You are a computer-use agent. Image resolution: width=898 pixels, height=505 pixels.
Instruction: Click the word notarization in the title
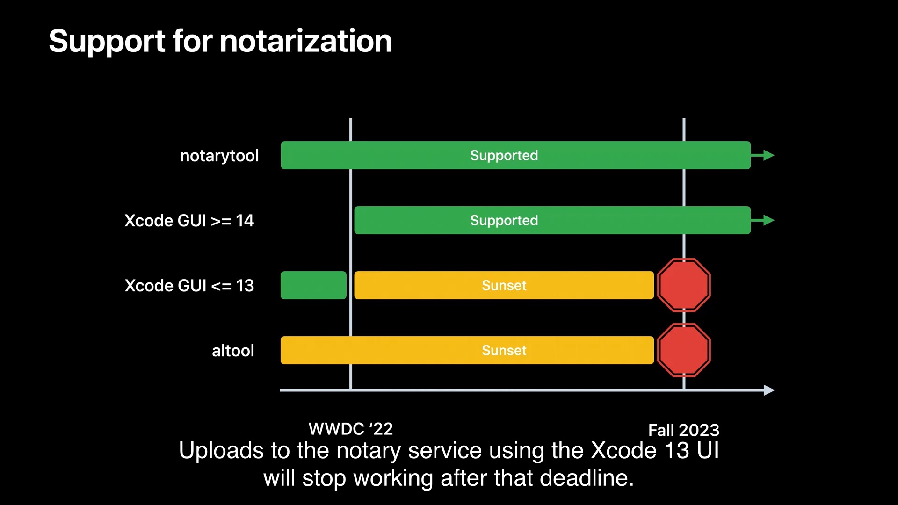tap(306, 41)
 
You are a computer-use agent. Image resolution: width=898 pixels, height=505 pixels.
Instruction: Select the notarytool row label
tap(219, 156)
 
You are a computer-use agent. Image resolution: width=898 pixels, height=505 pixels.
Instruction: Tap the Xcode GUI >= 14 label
tap(189, 220)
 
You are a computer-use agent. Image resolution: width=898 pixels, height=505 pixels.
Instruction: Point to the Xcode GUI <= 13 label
tap(189, 285)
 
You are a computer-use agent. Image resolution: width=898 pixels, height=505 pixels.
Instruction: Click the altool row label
tap(233, 350)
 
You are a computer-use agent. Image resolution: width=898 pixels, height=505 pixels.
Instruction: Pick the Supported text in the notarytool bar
tap(504, 155)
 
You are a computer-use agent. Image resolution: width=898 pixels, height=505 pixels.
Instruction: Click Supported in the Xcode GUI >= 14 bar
tap(504, 220)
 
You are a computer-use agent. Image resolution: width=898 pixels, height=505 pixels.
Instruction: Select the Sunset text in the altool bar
tap(504, 350)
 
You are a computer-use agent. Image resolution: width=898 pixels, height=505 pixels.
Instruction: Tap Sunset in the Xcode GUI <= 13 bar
tap(504, 285)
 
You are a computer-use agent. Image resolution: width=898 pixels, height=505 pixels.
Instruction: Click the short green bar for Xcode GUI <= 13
tap(313, 285)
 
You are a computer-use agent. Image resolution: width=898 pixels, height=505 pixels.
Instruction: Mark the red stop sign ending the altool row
tap(684, 350)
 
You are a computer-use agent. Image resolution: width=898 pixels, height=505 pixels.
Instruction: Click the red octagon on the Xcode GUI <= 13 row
tap(684, 285)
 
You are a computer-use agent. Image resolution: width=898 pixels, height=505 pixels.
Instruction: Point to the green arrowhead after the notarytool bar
tap(768, 155)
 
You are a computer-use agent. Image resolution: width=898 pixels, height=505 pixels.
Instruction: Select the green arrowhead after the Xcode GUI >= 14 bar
tap(768, 220)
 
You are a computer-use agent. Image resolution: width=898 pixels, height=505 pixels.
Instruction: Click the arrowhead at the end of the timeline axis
tap(769, 390)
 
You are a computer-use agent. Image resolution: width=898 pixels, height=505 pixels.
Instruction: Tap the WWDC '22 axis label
tap(351, 429)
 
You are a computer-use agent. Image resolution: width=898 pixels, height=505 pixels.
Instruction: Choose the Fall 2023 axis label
tap(684, 430)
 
